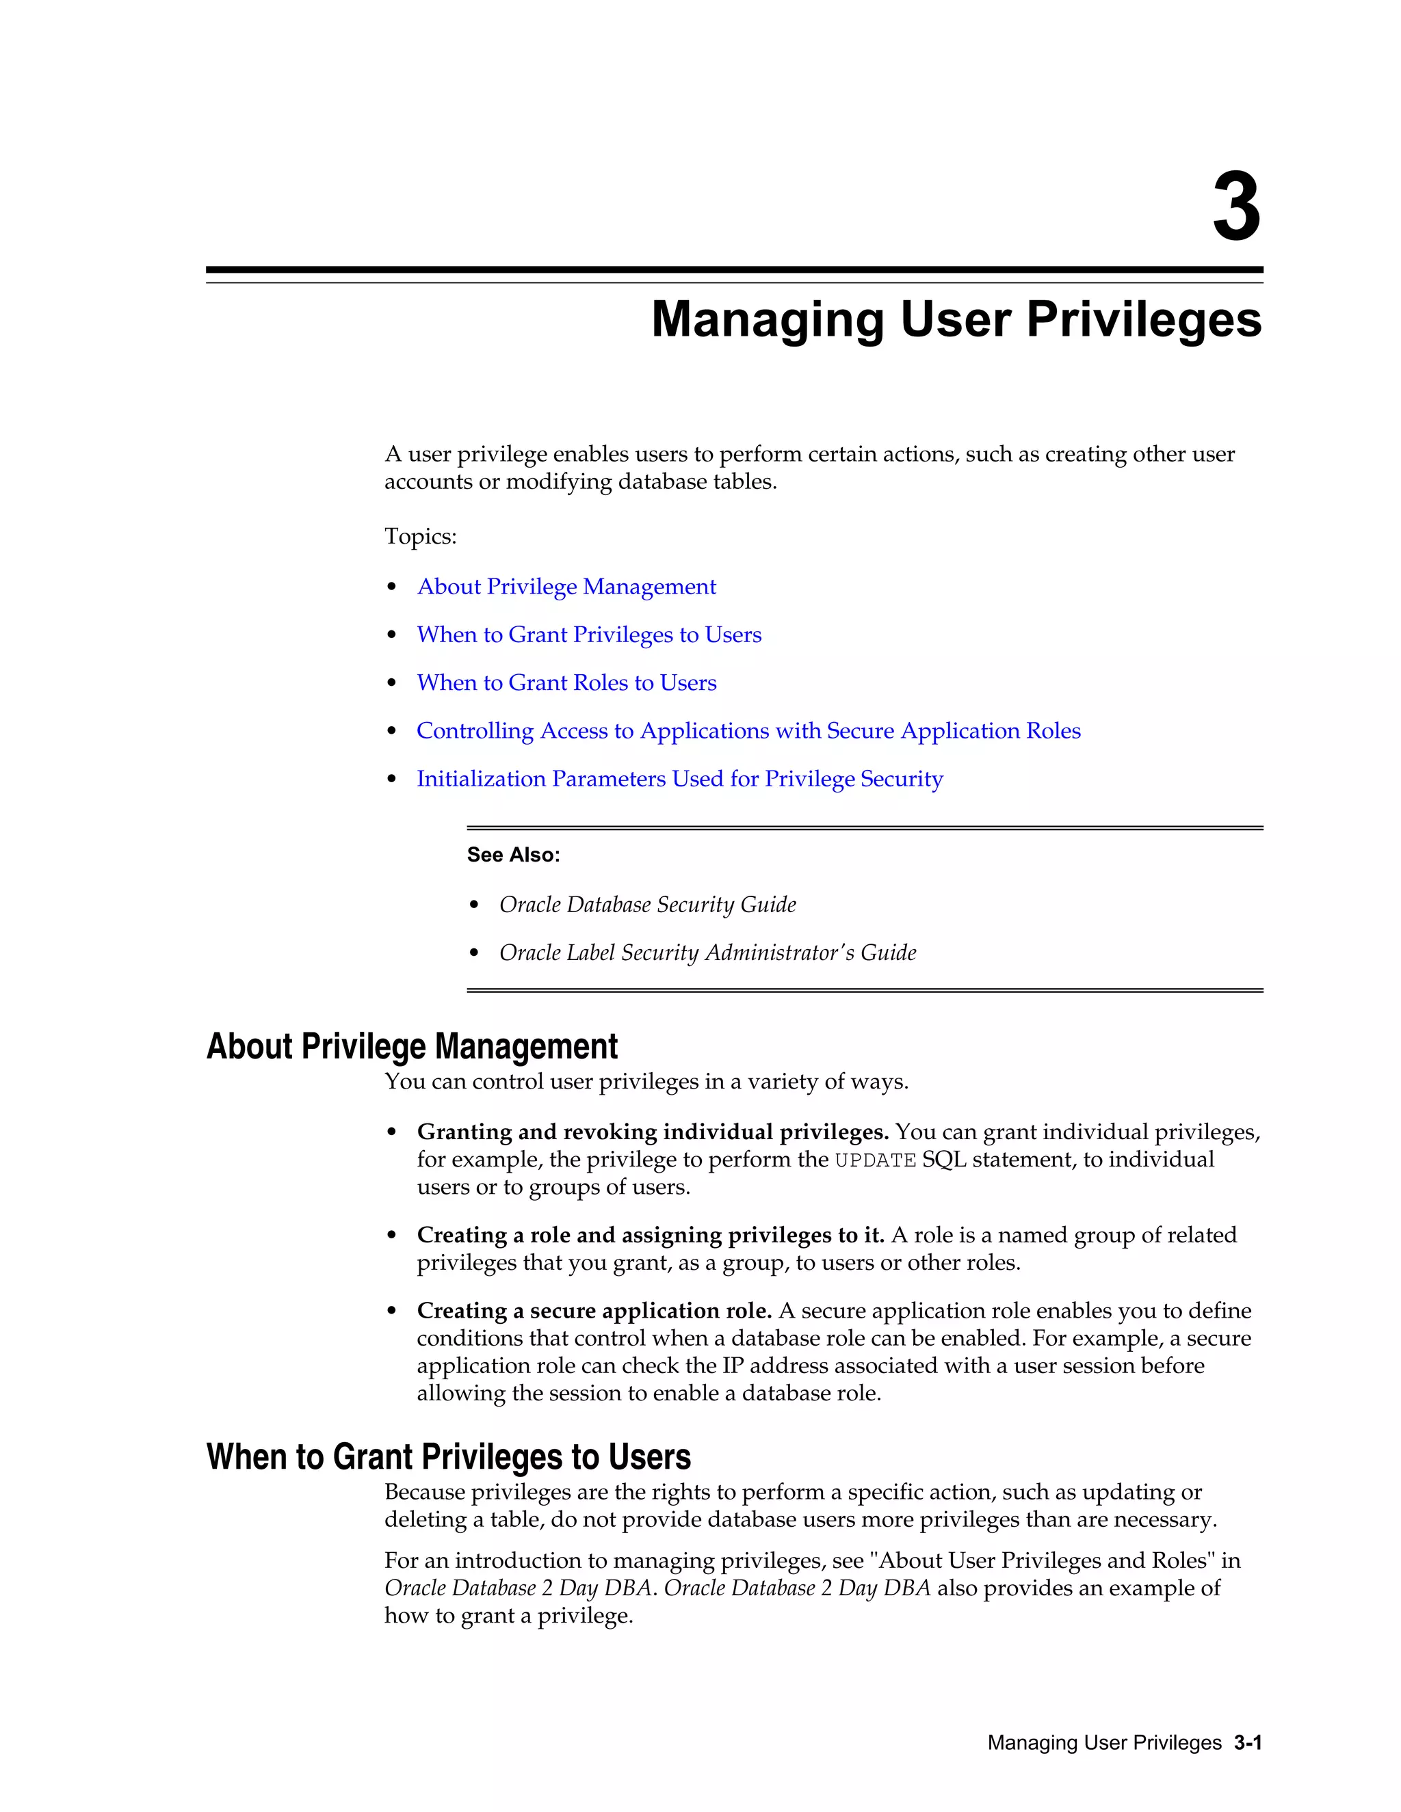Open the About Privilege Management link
click(x=566, y=587)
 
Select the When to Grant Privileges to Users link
click(x=588, y=635)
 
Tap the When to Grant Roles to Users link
click(x=566, y=683)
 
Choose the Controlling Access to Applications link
click(x=748, y=731)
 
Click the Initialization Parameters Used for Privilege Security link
click(x=679, y=779)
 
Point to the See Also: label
click(x=513, y=855)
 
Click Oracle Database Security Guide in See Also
click(x=646, y=905)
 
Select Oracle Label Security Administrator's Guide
click(x=707, y=952)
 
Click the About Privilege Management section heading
click(x=412, y=1046)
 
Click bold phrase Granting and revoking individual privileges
click(x=653, y=1132)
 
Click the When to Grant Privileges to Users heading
click(x=448, y=1457)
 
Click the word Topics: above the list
click(x=420, y=537)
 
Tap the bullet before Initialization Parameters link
click(x=392, y=779)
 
